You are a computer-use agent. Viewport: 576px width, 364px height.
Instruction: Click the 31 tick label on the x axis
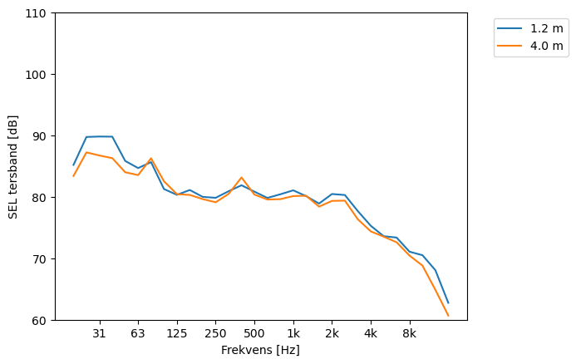[x=99, y=333]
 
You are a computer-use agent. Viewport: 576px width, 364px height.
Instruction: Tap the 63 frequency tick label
[x=138, y=333]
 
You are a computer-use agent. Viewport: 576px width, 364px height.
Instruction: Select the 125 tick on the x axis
[x=176, y=333]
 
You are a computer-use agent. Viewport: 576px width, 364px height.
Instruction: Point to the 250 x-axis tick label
[x=215, y=333]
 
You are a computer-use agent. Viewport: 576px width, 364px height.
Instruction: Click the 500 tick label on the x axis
[x=254, y=333]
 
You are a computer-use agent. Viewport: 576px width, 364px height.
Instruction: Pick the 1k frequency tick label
[x=293, y=333]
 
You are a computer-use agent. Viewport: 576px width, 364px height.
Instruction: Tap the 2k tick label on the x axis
[x=332, y=333]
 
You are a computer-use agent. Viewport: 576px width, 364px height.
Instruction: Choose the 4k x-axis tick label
[x=371, y=333]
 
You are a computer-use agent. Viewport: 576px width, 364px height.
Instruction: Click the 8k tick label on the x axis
[x=409, y=333]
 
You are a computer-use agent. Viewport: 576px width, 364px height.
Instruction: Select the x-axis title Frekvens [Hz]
[x=260, y=350]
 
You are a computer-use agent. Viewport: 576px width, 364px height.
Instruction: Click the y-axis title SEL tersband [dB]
[x=13, y=166]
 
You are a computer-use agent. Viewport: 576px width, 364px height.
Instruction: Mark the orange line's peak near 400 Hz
[x=241, y=177]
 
